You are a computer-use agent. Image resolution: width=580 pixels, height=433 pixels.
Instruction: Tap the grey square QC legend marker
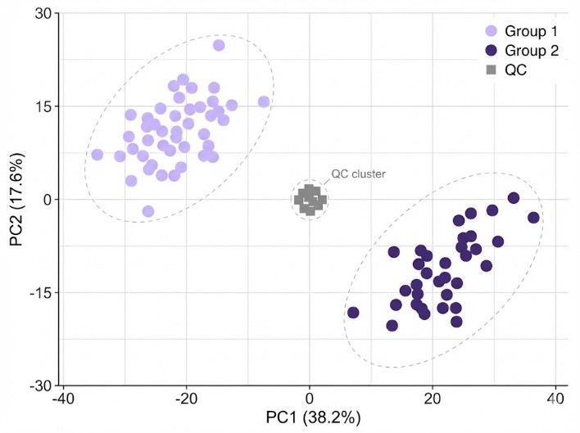[x=491, y=70]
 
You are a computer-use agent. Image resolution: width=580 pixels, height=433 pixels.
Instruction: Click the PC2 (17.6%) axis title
[x=16, y=199]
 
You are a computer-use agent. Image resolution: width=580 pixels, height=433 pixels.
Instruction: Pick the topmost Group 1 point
[x=219, y=45]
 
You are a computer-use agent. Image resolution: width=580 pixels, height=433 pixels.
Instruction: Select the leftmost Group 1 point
[x=97, y=155]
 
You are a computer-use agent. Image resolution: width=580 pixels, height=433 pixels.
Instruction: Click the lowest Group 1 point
[x=148, y=211]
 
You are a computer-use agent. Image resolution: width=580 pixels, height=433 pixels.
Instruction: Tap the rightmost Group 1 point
[x=264, y=101]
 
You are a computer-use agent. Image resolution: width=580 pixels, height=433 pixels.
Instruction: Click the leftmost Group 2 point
[x=353, y=313]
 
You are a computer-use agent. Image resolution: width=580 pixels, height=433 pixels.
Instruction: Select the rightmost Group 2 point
[x=533, y=218]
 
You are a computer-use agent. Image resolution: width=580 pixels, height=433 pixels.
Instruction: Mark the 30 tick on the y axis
[x=43, y=14]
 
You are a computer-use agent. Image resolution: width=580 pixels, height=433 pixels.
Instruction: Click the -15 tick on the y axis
[x=39, y=292]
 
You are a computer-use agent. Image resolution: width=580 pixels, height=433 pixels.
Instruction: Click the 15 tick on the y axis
[x=43, y=106]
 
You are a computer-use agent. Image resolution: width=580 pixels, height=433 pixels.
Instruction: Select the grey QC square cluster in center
[x=310, y=199]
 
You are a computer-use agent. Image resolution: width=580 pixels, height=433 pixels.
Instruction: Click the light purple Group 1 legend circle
[x=491, y=31]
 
